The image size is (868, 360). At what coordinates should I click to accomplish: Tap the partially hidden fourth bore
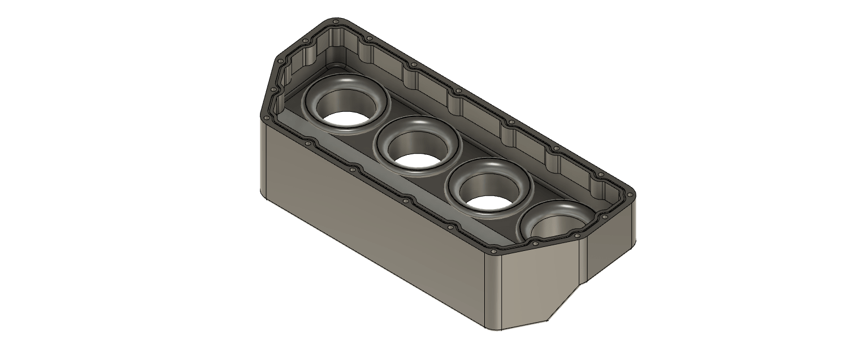(557, 224)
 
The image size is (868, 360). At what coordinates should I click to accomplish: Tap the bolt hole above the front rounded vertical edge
(494, 250)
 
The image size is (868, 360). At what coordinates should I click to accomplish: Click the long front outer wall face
(373, 226)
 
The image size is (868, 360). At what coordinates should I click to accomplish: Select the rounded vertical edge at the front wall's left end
(263, 158)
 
